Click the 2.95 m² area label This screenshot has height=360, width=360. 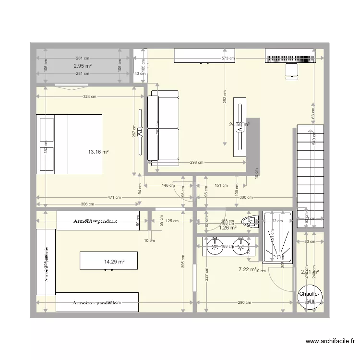point(83,66)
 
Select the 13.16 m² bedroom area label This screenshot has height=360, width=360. point(98,152)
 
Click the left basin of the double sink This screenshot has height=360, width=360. point(214,248)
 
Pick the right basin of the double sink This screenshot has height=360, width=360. point(240,248)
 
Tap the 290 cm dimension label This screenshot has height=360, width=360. point(244,302)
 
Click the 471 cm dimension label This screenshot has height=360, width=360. point(114,197)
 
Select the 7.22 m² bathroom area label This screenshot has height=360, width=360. point(248,270)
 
